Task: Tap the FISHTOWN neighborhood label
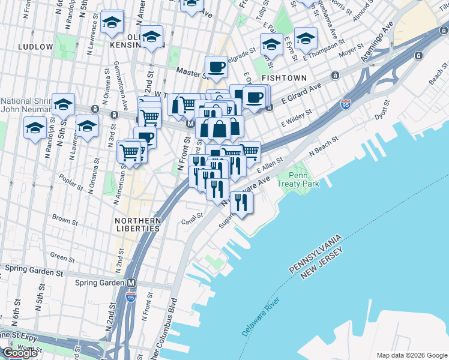pyautogui.click(x=284, y=78)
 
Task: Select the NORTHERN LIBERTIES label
pyautogui.click(x=137, y=224)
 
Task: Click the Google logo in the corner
pyautogui.click(x=20, y=353)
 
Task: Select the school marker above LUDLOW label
pyautogui.click(x=112, y=22)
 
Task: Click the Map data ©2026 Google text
pyautogui.click(x=411, y=355)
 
